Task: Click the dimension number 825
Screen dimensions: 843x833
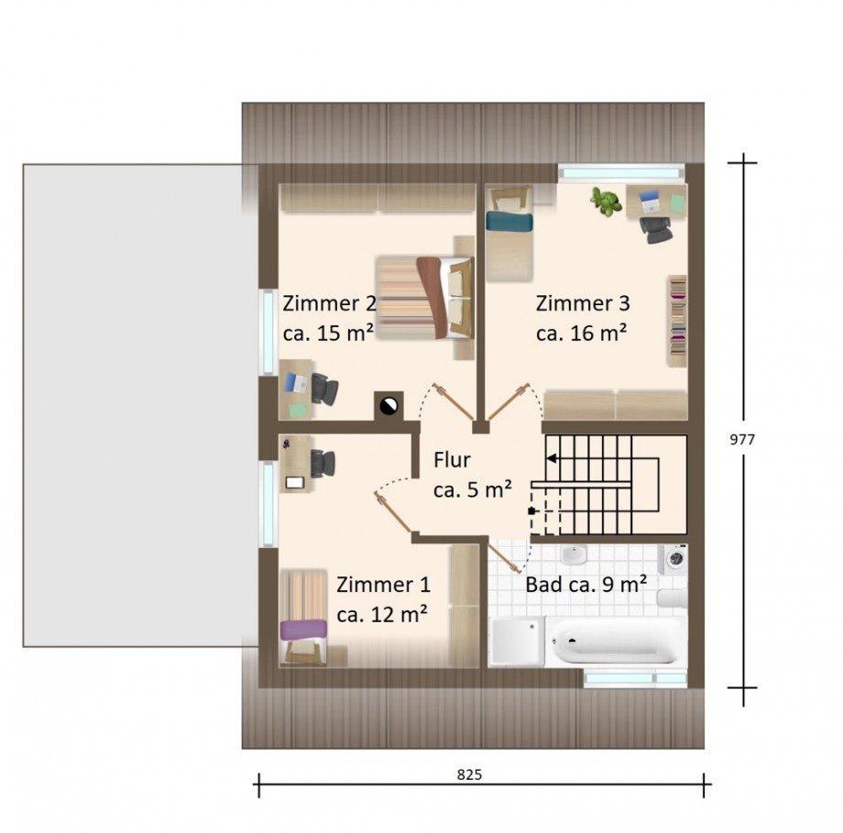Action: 469,774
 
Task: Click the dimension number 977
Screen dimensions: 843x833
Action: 742,439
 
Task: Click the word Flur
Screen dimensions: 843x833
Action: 452,460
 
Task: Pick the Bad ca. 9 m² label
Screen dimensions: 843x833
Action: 586,584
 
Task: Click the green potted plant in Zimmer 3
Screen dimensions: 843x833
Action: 607,201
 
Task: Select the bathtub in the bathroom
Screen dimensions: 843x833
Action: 616,641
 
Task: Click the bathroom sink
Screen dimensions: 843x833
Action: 574,554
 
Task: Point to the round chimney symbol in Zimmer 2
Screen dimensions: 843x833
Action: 389,405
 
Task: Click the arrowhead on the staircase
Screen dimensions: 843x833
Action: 551,459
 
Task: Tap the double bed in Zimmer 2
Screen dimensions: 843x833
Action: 425,298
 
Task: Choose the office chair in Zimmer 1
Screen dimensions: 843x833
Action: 323,464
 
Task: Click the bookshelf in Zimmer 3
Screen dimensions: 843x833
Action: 677,321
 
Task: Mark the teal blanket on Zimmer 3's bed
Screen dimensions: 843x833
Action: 509,222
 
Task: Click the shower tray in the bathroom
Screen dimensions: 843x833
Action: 516,641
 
